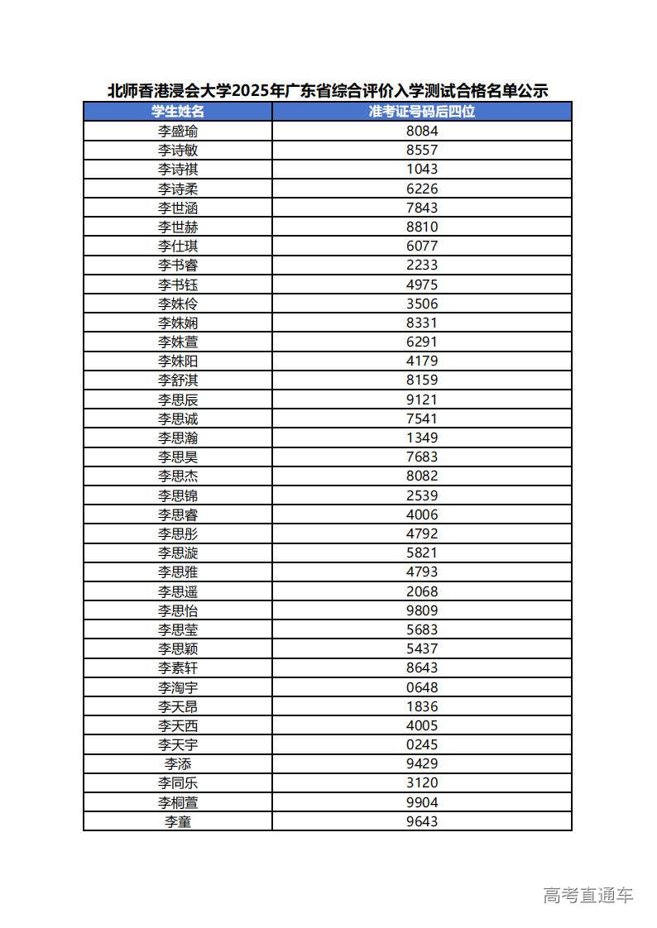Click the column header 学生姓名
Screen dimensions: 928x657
coord(178,111)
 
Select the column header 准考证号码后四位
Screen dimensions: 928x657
coord(422,111)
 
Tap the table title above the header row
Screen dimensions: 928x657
coord(328,91)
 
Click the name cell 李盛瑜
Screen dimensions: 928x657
coord(178,131)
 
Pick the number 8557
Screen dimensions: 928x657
coord(422,150)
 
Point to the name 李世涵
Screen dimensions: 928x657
coord(178,208)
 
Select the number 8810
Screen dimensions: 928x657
coord(422,227)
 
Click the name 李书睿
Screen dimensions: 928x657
coord(178,265)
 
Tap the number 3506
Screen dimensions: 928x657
coord(422,304)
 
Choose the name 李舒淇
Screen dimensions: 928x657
coord(178,380)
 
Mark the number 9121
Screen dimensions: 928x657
coord(422,399)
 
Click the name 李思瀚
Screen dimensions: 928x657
coord(178,438)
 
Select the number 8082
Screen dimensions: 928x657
coord(422,476)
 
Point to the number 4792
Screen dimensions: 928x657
coord(422,533)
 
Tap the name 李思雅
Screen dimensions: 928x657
coord(178,572)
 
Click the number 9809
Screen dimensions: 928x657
coord(422,610)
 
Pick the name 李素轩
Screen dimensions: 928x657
coord(178,667)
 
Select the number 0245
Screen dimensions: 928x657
coord(422,744)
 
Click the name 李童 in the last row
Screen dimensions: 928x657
coord(178,821)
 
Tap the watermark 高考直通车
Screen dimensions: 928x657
coord(587,895)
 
